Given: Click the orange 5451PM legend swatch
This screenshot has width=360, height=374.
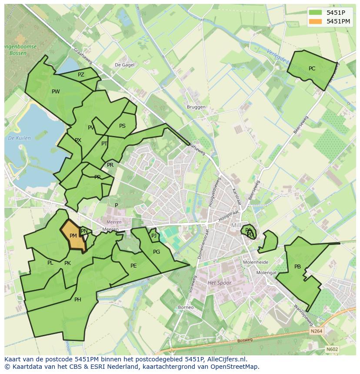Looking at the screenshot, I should [316, 21].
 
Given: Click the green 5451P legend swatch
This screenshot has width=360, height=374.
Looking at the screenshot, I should [316, 13].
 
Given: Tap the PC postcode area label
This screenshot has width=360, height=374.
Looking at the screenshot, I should [312, 69].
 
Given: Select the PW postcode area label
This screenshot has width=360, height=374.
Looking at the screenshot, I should [56, 92].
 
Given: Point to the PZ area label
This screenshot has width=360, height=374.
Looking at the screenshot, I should [81, 75].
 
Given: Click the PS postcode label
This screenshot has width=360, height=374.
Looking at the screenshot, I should [122, 126].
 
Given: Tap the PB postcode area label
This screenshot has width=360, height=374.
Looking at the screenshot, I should [297, 267].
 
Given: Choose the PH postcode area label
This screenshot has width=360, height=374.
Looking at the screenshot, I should [77, 300].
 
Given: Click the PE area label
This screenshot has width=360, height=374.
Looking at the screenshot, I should [133, 266].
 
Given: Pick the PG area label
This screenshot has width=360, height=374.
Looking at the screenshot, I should [157, 252].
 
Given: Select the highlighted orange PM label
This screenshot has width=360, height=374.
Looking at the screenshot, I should [73, 236].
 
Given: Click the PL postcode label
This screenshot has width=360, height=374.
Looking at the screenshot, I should [50, 263].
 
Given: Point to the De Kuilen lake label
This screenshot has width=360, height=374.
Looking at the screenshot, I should [19, 138].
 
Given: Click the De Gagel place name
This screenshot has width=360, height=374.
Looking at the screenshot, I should [124, 65].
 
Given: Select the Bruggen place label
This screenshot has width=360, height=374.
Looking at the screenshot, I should [196, 107].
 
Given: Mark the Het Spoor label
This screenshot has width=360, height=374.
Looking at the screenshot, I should [220, 283].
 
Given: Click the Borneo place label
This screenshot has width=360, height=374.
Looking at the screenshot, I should [186, 308].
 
